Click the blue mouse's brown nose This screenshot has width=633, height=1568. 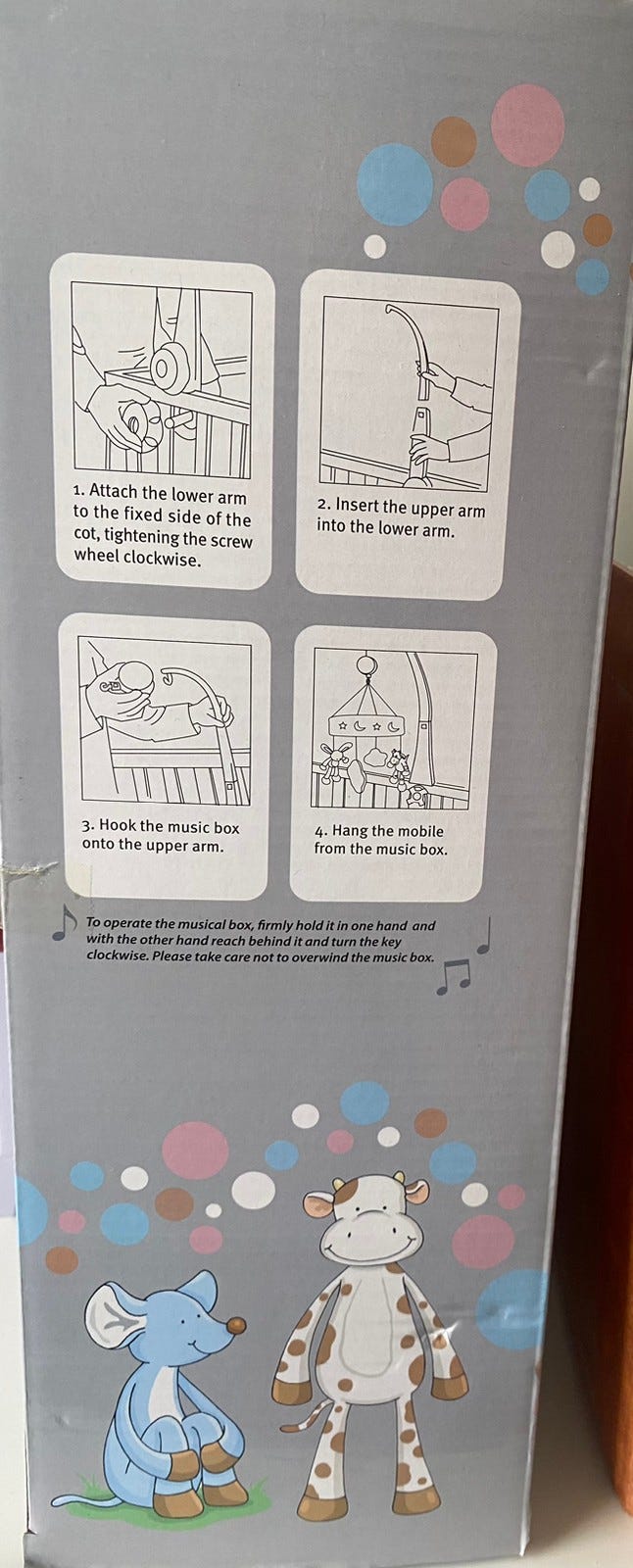pos(237,1325)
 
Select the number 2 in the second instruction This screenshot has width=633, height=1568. pos(322,503)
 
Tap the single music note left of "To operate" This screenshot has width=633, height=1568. pos(65,922)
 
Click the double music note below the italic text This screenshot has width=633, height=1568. pos(453,976)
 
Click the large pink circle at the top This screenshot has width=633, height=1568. pos(527,125)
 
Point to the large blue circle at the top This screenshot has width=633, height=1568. pos(395,184)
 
